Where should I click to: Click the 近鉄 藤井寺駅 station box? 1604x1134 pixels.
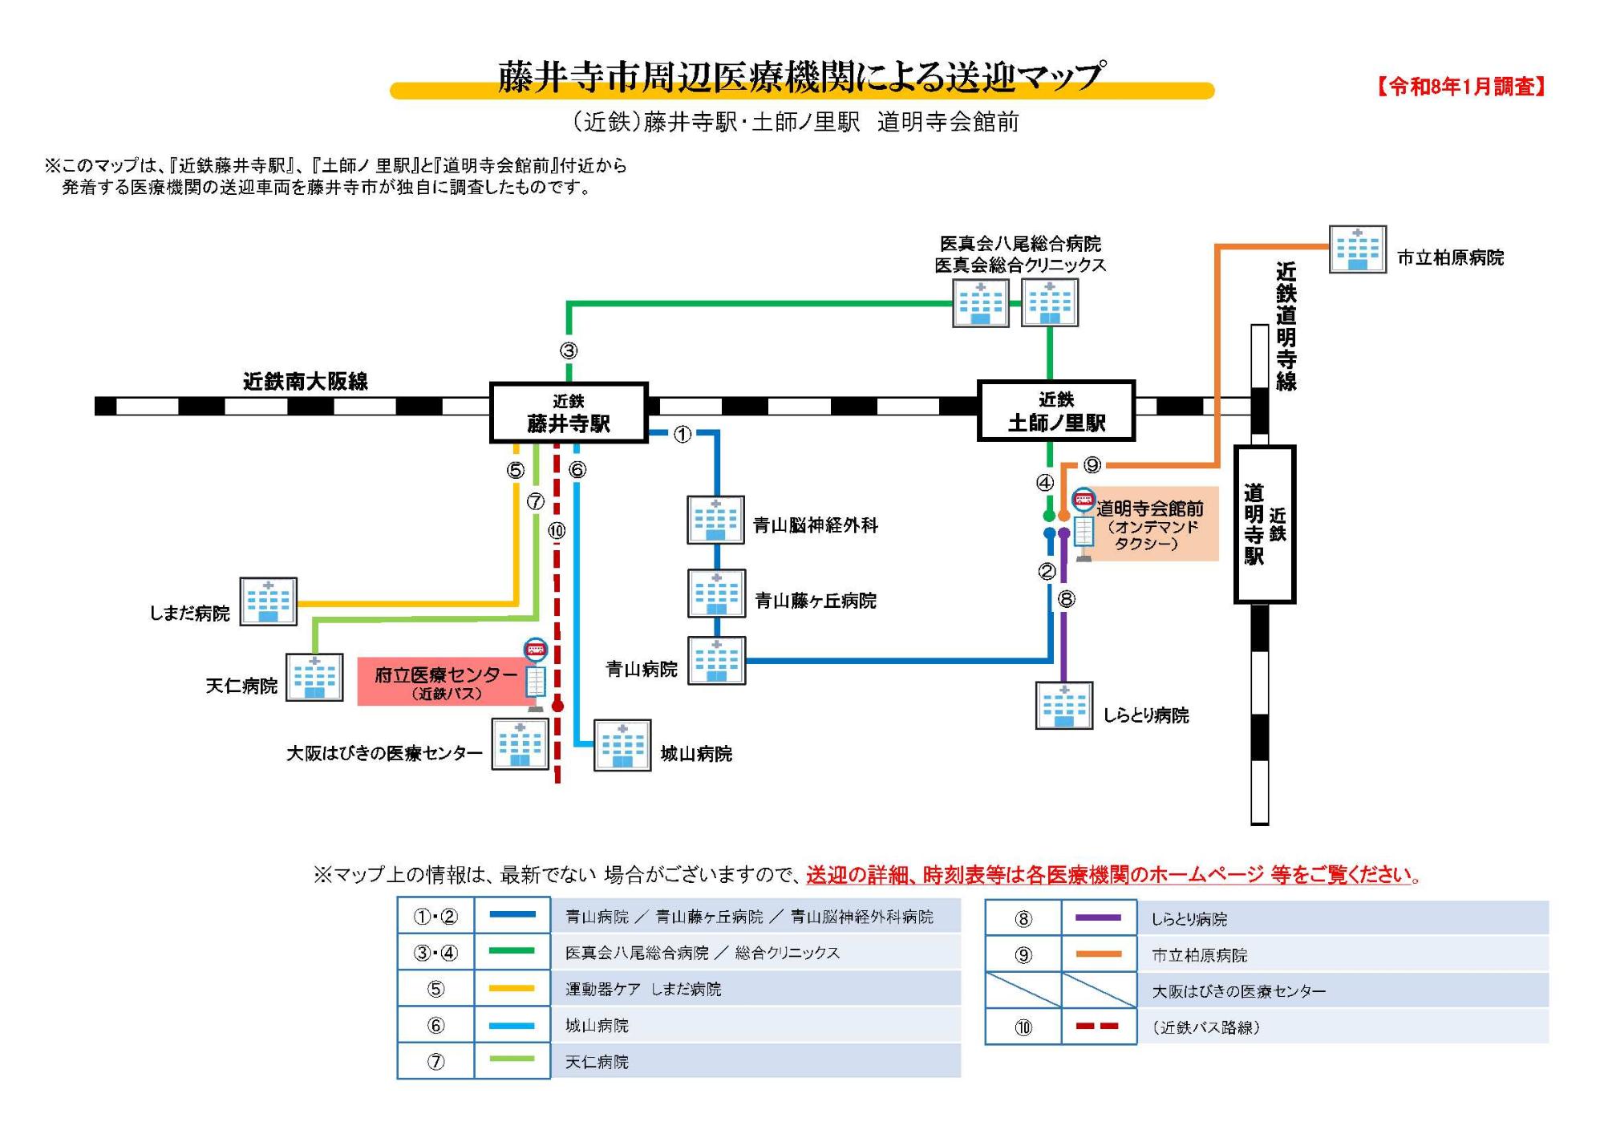569,412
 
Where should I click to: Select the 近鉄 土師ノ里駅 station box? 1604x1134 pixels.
1055,411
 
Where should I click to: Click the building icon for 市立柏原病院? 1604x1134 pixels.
1357,249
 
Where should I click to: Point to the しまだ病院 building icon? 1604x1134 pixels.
268,601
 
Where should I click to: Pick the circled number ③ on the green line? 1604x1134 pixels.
569,350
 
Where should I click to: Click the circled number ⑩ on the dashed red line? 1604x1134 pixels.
557,530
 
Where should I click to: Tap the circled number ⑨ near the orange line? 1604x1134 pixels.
1092,465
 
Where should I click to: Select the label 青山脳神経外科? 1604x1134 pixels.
815,525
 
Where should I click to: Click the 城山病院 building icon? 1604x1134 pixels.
622,746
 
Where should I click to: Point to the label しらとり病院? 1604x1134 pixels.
1145,715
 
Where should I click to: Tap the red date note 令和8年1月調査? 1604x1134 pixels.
1461,87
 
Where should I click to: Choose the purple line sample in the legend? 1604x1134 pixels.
1098,917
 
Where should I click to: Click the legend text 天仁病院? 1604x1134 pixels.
597,1062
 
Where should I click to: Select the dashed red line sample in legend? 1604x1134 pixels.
1098,1027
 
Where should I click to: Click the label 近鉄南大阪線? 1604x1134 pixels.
305,381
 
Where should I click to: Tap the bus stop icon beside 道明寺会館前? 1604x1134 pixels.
1084,525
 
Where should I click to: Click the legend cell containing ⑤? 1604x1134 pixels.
435,989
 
